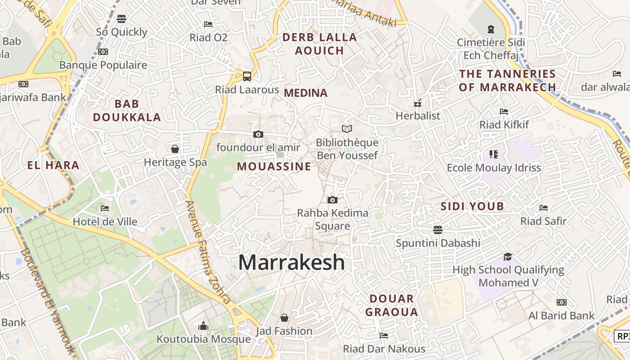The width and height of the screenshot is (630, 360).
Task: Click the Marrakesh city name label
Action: pos(292,262)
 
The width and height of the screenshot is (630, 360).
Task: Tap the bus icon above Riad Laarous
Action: pos(247,76)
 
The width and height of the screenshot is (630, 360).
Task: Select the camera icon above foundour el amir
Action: pos(258,134)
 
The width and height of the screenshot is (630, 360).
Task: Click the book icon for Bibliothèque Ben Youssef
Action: pos(346,129)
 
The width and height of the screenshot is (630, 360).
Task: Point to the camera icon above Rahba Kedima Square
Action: pos(333,200)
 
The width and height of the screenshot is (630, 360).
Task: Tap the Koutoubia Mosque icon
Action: pos(203,326)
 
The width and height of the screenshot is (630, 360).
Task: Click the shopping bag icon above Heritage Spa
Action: pos(175,149)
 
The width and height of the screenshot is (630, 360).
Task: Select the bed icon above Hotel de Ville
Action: pos(105,208)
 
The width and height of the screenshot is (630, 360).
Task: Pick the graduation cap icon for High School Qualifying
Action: pos(508,256)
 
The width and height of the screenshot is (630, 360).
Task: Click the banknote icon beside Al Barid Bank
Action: pos(561,302)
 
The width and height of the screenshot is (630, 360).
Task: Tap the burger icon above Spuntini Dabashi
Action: pos(438,229)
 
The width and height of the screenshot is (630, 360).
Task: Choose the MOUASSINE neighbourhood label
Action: pos(274,166)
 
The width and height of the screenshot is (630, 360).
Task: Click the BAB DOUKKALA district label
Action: pos(126,110)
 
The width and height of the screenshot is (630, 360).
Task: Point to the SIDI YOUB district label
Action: pos(472,207)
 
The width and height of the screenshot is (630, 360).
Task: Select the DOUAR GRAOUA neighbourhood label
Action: pos(391,305)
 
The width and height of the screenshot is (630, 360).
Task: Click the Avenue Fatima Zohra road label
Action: pos(208,252)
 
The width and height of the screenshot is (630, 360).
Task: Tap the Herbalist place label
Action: pos(418,116)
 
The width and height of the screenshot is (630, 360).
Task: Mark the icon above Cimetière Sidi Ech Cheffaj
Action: pos(490,29)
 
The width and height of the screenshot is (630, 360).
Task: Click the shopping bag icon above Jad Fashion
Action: pos(284,318)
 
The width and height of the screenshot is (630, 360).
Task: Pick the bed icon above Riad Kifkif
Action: pos(504,111)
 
